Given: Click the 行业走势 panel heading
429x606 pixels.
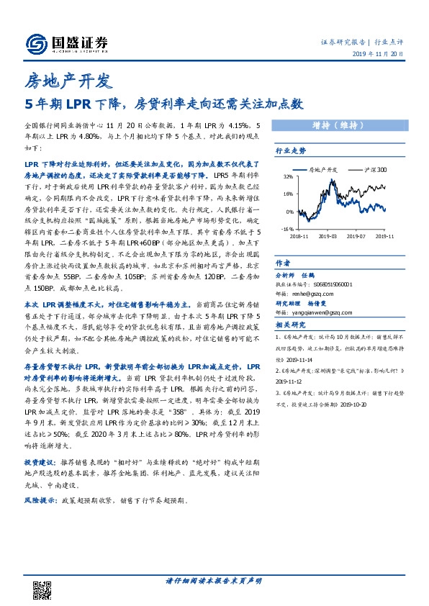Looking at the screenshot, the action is pyautogui.click(x=292, y=151).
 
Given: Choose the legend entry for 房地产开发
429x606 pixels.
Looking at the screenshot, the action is pyautogui.click(x=317, y=170).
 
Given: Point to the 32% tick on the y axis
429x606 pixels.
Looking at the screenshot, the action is pyautogui.click(x=288, y=177).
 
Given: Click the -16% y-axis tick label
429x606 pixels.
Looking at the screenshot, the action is pyautogui.click(x=286, y=230).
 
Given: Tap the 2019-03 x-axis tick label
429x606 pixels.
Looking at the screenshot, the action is pyautogui.click(x=328, y=235).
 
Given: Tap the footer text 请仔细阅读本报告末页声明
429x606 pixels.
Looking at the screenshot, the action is pyautogui.click(x=214, y=581).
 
